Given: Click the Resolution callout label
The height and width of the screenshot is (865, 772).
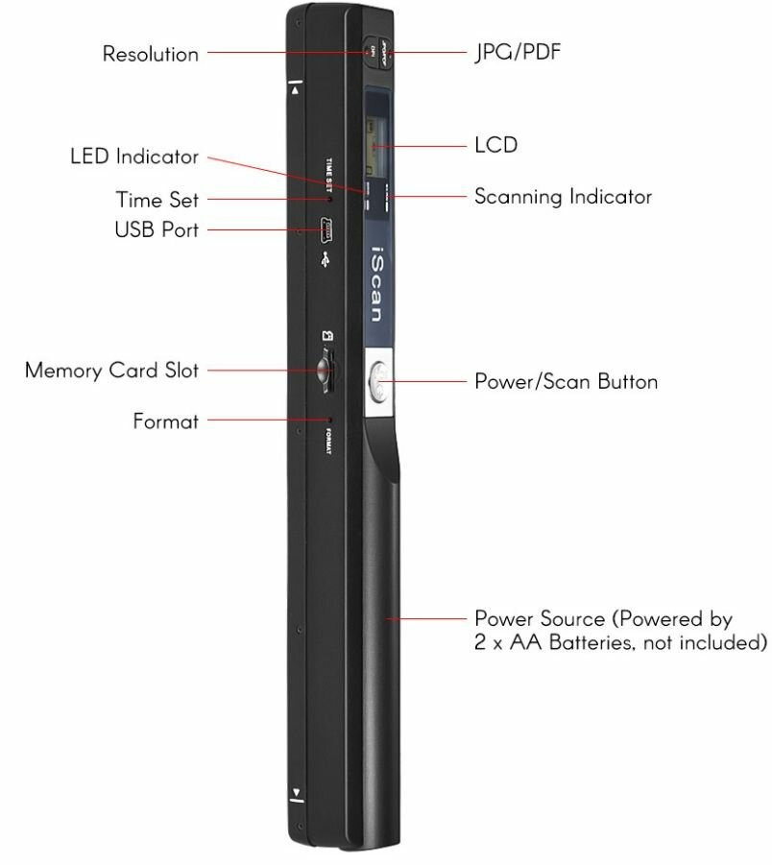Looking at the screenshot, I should pyautogui.click(x=151, y=54).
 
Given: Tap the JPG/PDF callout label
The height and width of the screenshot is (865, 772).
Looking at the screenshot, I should pyautogui.click(x=518, y=52).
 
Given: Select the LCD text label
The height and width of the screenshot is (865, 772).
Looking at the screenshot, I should pyautogui.click(x=495, y=145).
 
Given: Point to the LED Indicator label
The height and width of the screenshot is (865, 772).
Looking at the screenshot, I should pyautogui.click(x=134, y=156).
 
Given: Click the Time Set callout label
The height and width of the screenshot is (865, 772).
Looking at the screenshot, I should pyautogui.click(x=157, y=200).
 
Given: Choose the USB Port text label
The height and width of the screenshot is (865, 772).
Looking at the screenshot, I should pyautogui.click(x=157, y=229).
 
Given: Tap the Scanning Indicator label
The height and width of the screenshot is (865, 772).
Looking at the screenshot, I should pyautogui.click(x=563, y=197).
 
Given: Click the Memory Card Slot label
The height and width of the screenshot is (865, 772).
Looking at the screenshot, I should pyautogui.click(x=111, y=370).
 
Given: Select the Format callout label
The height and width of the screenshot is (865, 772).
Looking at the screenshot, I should pyautogui.click(x=165, y=420).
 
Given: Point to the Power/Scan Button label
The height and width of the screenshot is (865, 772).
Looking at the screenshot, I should pyautogui.click(x=566, y=381).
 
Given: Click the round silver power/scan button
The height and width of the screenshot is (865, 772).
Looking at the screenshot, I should pyautogui.click(x=379, y=384).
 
